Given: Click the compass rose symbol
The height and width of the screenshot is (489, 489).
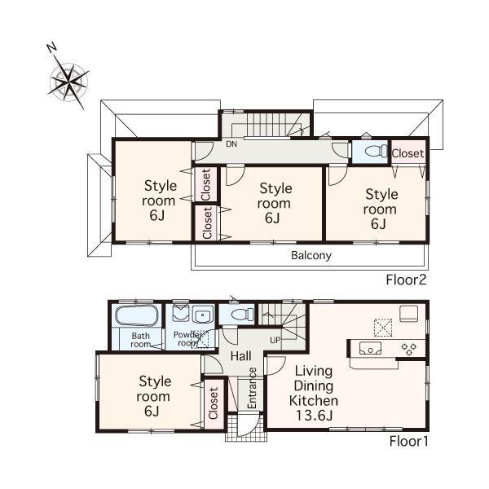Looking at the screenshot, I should point(71,81).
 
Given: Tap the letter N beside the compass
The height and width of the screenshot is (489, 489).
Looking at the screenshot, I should point(51,48).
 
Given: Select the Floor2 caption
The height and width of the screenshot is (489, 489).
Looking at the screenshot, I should point(407,280).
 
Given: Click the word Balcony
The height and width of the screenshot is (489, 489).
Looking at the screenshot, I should point(311,255).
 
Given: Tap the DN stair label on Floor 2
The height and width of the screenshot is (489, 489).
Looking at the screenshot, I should point(231,145).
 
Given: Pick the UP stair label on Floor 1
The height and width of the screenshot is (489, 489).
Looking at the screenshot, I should point(276,338).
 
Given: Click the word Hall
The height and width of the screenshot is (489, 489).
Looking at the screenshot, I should point(240,356).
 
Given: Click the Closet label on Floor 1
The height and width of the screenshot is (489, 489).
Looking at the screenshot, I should point(214,402).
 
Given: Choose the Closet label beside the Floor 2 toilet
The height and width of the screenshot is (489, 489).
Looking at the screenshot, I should point(407,153).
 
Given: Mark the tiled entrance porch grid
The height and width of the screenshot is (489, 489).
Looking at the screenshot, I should point(240,427).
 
